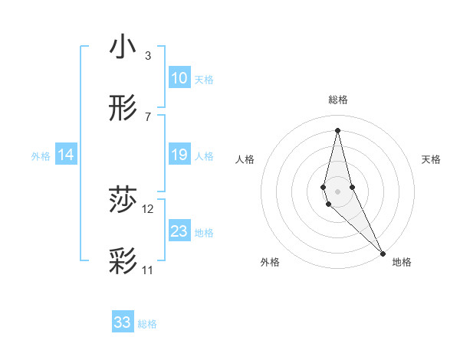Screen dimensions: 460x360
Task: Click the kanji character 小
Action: click(x=123, y=47)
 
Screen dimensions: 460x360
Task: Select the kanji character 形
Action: click(x=123, y=110)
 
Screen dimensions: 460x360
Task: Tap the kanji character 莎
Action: click(x=123, y=201)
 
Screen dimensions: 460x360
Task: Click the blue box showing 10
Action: click(x=179, y=77)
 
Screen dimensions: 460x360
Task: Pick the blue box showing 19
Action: click(x=179, y=155)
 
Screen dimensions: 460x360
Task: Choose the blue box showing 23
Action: click(x=179, y=231)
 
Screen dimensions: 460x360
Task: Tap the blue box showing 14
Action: click(x=66, y=155)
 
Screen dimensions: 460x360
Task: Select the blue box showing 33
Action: click(x=123, y=322)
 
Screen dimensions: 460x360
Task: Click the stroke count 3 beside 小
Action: click(x=148, y=56)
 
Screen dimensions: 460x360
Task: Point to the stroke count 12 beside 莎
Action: click(x=148, y=209)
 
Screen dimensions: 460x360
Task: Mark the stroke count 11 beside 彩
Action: click(x=148, y=270)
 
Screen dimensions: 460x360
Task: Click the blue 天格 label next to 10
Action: click(x=204, y=79)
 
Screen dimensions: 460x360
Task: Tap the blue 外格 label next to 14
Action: click(x=41, y=156)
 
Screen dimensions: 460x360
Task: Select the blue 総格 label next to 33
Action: click(x=147, y=324)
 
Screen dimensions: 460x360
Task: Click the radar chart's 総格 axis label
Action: click(x=337, y=100)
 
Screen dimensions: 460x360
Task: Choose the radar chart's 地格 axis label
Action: click(x=402, y=262)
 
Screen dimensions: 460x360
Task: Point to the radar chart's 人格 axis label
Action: click(x=245, y=159)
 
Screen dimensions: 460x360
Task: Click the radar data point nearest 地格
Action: click(x=383, y=253)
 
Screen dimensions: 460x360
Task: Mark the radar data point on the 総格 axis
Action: click(x=337, y=129)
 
